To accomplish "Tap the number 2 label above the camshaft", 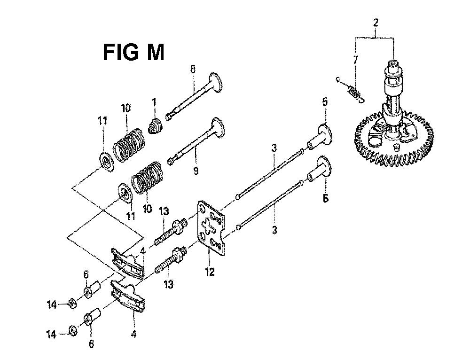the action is [375, 23].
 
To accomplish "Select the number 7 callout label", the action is [356, 60].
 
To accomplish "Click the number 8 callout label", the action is [193, 70].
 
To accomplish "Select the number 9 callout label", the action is [196, 171].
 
